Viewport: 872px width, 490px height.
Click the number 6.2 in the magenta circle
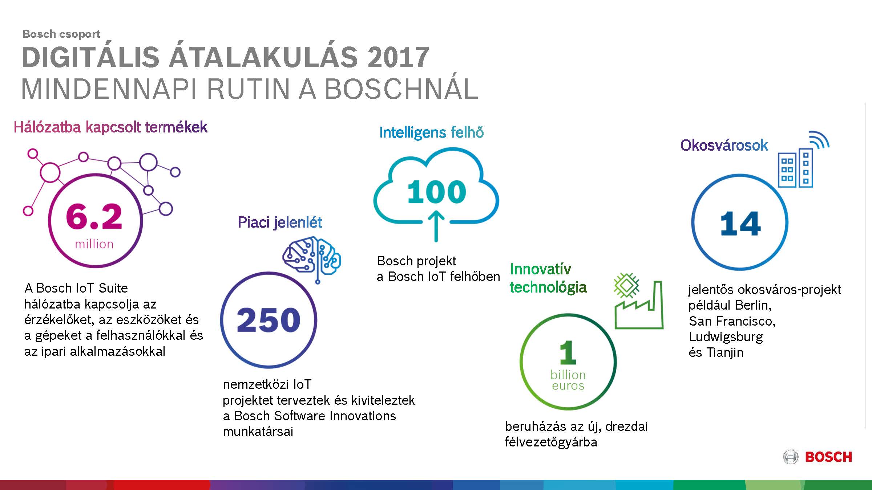(94, 217)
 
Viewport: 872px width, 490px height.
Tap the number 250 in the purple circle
(269, 320)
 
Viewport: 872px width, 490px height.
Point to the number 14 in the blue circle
(740, 224)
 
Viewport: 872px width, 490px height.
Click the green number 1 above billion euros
(568, 352)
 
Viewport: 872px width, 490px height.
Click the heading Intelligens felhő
(431, 132)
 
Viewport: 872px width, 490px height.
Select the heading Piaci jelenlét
(280, 222)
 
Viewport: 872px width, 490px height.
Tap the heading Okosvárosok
(724, 145)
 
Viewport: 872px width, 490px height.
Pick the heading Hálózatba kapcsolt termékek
(110, 127)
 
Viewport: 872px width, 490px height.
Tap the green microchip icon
(626, 285)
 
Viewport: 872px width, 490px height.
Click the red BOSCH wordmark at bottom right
(828, 457)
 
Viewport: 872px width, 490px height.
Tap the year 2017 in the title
(398, 57)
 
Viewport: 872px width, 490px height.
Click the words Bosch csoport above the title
(61, 34)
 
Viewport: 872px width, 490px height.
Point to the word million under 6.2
(94, 244)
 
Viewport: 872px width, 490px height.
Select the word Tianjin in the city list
(725, 352)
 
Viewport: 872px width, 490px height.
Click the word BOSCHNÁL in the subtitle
(401, 89)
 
